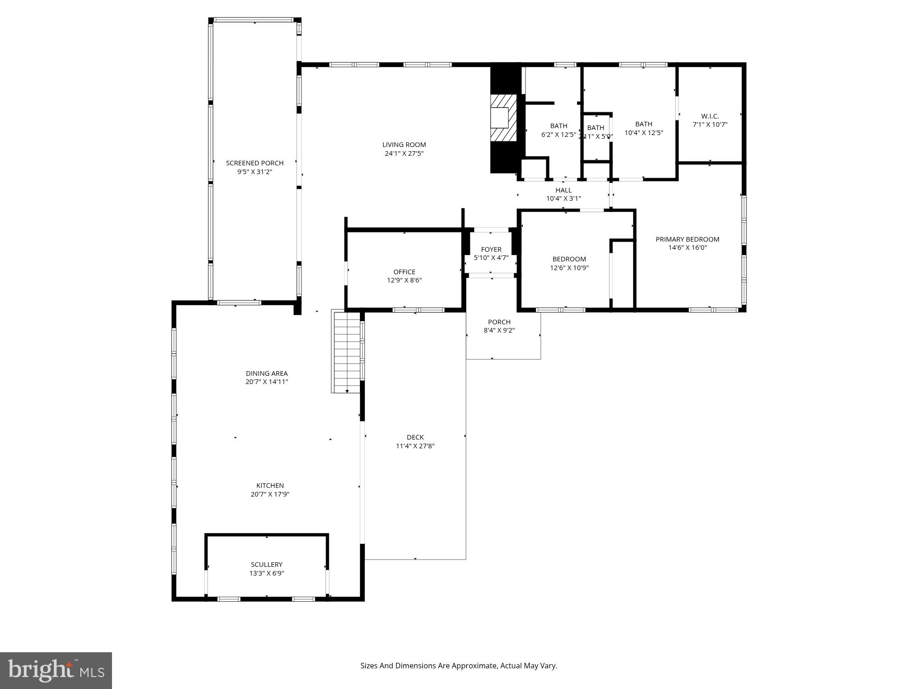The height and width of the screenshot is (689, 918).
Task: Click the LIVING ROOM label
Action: coord(404,145)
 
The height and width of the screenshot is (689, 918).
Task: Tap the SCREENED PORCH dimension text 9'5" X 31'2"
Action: coord(255,172)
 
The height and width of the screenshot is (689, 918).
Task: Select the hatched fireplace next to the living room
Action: coord(503,118)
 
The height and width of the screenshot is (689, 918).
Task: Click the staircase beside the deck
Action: coord(347,352)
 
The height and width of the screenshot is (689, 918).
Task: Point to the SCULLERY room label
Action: coord(267,565)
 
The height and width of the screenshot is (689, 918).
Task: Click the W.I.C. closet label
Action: coord(710,116)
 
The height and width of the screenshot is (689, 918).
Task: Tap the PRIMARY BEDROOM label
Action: coord(687,239)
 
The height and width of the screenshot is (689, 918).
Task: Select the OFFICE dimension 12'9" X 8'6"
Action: coord(404,280)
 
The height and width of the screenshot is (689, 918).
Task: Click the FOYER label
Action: coord(491,249)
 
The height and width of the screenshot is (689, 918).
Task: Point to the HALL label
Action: coord(563,190)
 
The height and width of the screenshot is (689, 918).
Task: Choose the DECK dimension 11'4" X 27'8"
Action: coord(415,446)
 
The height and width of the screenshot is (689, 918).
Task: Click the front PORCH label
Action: coord(499,322)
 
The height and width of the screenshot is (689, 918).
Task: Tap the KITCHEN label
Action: coord(270,486)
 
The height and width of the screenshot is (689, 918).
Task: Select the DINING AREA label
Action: coord(267,373)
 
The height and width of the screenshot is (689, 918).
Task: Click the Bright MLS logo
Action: coord(56,671)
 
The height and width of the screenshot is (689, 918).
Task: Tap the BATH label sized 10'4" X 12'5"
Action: coord(644,124)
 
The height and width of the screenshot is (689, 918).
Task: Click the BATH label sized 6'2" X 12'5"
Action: coord(559,126)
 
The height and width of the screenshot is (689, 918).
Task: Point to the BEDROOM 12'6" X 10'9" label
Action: coord(569,259)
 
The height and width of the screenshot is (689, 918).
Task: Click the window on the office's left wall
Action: coord(346,271)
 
